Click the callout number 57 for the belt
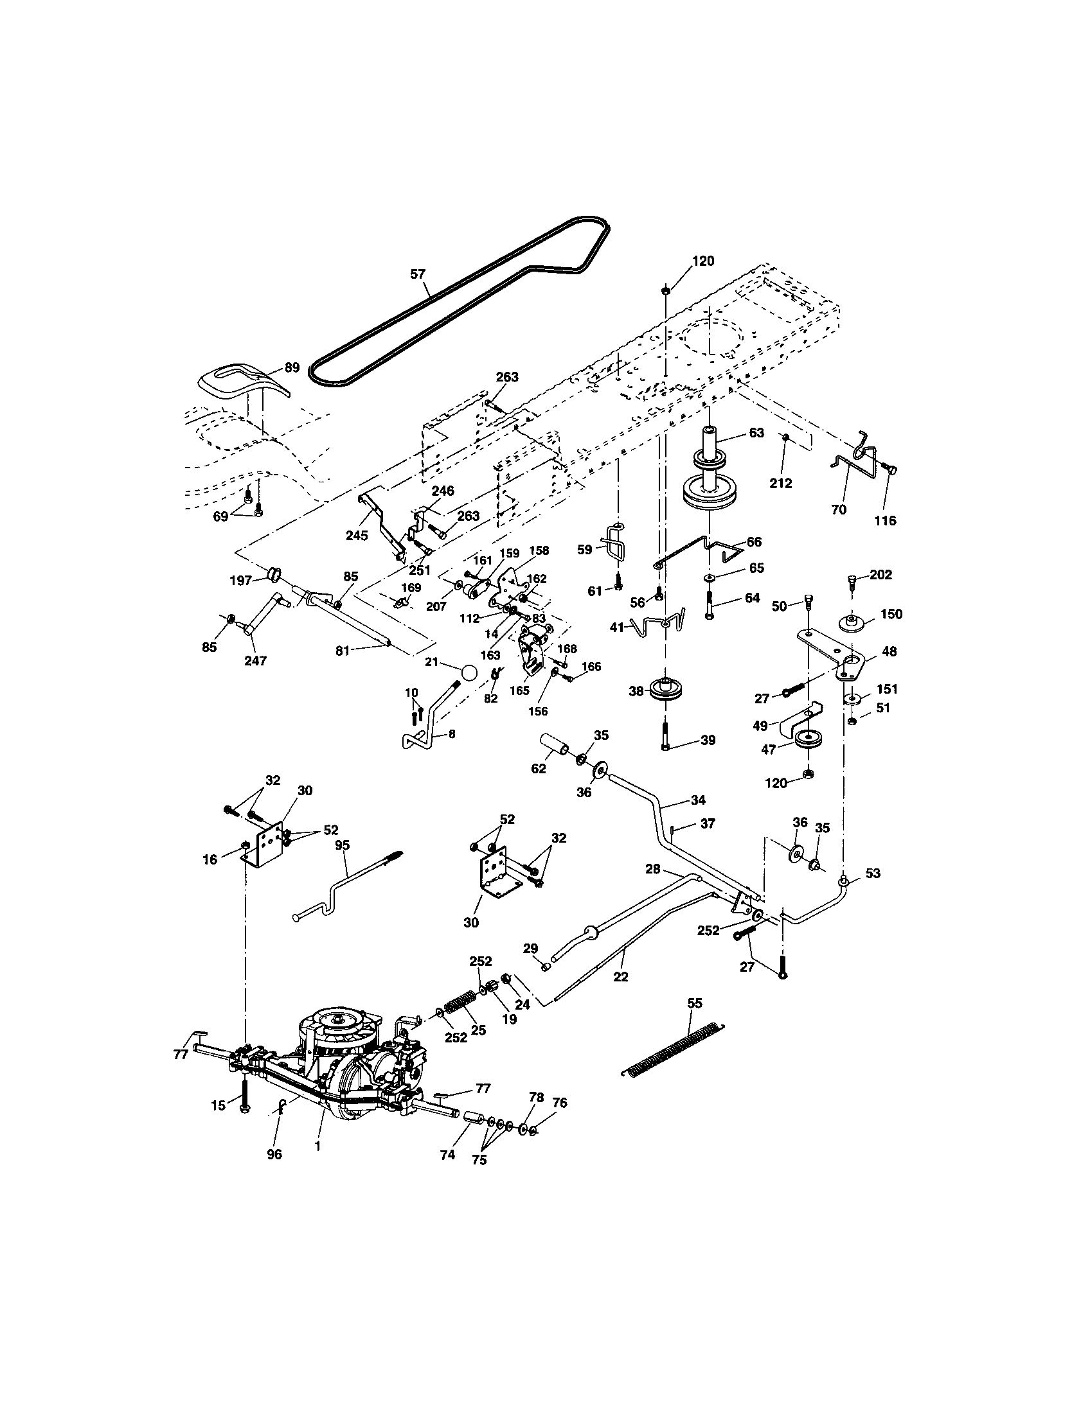tap(418, 274)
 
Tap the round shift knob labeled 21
tap(470, 672)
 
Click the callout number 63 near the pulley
tap(756, 433)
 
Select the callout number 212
tap(781, 483)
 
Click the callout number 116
tap(885, 520)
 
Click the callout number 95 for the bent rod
tap(343, 845)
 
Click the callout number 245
tap(357, 536)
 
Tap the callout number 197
tap(241, 581)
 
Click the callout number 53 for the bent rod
tap(873, 873)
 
